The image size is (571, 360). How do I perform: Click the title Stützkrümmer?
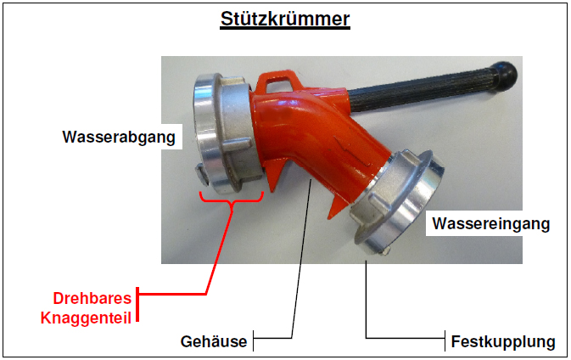click(x=285, y=19)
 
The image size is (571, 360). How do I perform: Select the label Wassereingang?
click(x=490, y=224)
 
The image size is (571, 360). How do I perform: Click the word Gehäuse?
click(x=213, y=342)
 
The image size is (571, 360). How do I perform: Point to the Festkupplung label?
click(x=503, y=342)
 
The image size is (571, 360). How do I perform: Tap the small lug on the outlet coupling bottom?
click(x=201, y=175)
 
